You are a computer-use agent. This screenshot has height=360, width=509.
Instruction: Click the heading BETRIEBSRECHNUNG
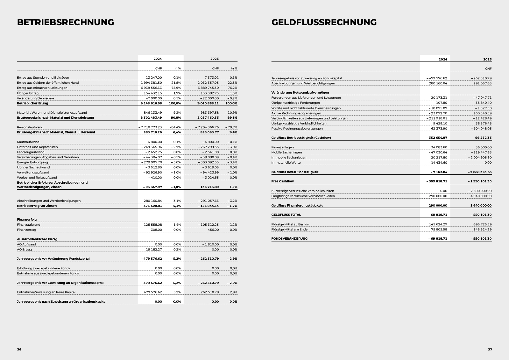[x=66, y=22]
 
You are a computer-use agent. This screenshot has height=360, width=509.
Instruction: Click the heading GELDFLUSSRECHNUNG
[x=324, y=22]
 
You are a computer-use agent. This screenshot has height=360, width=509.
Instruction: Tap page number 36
[x=19, y=349]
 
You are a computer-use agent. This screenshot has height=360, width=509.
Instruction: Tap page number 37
[x=490, y=349]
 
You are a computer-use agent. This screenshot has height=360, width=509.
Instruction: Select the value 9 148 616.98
[x=151, y=103]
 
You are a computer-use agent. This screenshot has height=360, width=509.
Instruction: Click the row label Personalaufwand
[x=30, y=127]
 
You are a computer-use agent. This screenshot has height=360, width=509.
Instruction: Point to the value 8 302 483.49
[x=151, y=118]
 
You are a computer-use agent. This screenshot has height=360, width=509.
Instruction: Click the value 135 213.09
[x=209, y=187]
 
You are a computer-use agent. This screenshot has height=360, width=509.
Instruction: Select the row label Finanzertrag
[x=26, y=230]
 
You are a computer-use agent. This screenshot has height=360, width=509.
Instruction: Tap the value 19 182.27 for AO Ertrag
[x=154, y=250]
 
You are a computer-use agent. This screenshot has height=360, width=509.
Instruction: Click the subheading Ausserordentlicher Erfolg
[x=37, y=239]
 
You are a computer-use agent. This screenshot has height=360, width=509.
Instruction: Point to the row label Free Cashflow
[x=283, y=181]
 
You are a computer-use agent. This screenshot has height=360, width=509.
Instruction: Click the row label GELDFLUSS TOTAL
[x=286, y=215]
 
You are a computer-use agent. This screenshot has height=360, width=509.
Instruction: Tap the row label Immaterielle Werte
[x=286, y=163]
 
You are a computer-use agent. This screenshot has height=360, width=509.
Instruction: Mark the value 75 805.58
[x=438, y=229]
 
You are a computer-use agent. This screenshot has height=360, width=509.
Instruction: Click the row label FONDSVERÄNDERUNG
[x=289, y=239]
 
